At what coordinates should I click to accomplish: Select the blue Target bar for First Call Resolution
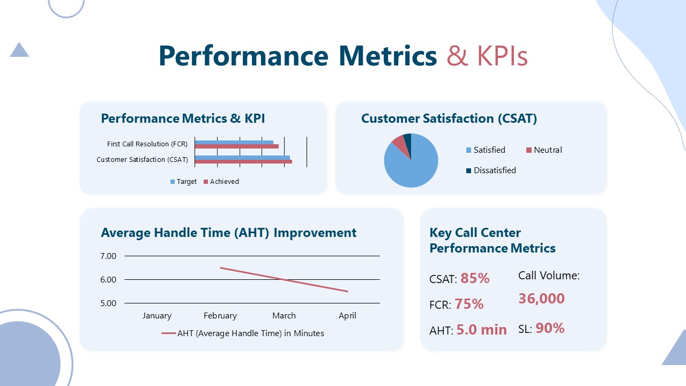pos(234,142)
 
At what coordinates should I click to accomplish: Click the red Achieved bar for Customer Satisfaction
pos(243,161)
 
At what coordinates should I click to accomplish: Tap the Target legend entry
pos(183,182)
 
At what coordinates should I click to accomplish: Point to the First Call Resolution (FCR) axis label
pos(147,144)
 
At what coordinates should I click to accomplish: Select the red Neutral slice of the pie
pos(399,142)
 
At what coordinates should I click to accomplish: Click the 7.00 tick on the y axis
pos(108,256)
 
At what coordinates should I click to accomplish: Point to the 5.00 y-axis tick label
pos(108,303)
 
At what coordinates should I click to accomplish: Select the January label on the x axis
pos(156,316)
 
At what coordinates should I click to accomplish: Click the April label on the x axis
pos(347,316)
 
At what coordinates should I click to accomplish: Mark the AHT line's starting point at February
pos(220,268)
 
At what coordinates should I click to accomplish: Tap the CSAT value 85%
pos(475,278)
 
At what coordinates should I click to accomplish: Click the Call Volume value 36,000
pos(541,299)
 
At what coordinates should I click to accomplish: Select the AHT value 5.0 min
pos(481,330)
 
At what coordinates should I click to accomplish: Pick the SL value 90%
pos(550,328)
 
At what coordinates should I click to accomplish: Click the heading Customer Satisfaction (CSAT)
pos(449,118)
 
